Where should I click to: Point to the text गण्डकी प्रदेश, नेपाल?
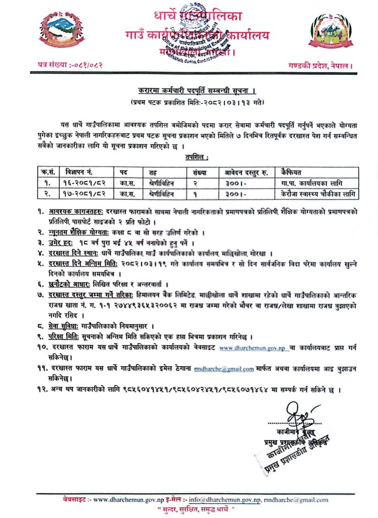point(320,66)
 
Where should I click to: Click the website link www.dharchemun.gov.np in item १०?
point(252,348)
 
